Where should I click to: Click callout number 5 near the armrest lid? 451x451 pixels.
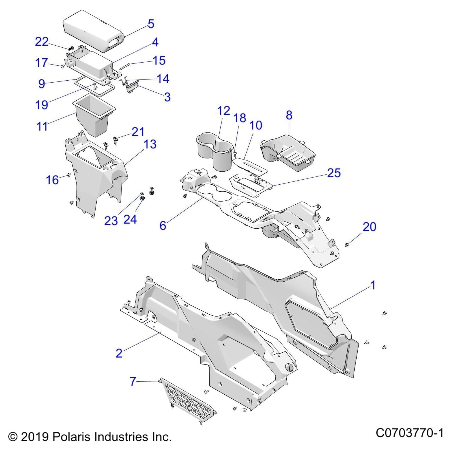[151, 24]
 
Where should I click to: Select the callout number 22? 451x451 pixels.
[42, 42]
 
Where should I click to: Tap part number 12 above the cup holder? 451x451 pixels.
[224, 111]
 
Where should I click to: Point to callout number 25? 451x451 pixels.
[334, 173]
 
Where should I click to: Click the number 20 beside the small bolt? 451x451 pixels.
[369, 227]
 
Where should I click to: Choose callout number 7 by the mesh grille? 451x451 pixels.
[133, 381]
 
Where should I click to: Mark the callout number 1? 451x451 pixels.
[373, 285]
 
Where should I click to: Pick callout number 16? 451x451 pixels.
[52, 180]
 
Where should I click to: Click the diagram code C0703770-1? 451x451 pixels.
[410, 433]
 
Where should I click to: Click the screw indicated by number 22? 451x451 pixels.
[71, 48]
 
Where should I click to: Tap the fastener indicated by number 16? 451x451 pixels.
[68, 176]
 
